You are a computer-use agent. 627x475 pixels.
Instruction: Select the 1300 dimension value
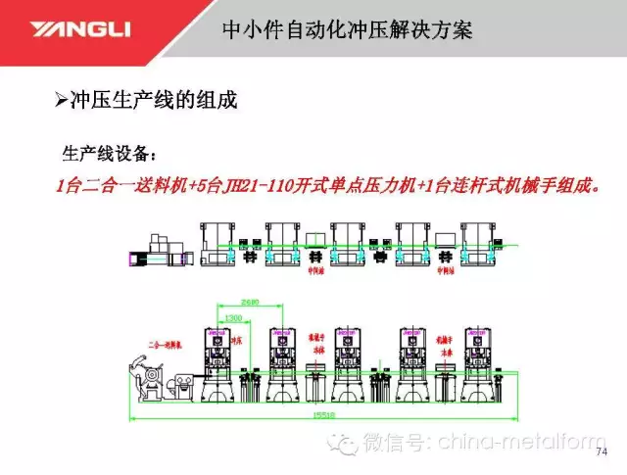coord(233,317)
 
